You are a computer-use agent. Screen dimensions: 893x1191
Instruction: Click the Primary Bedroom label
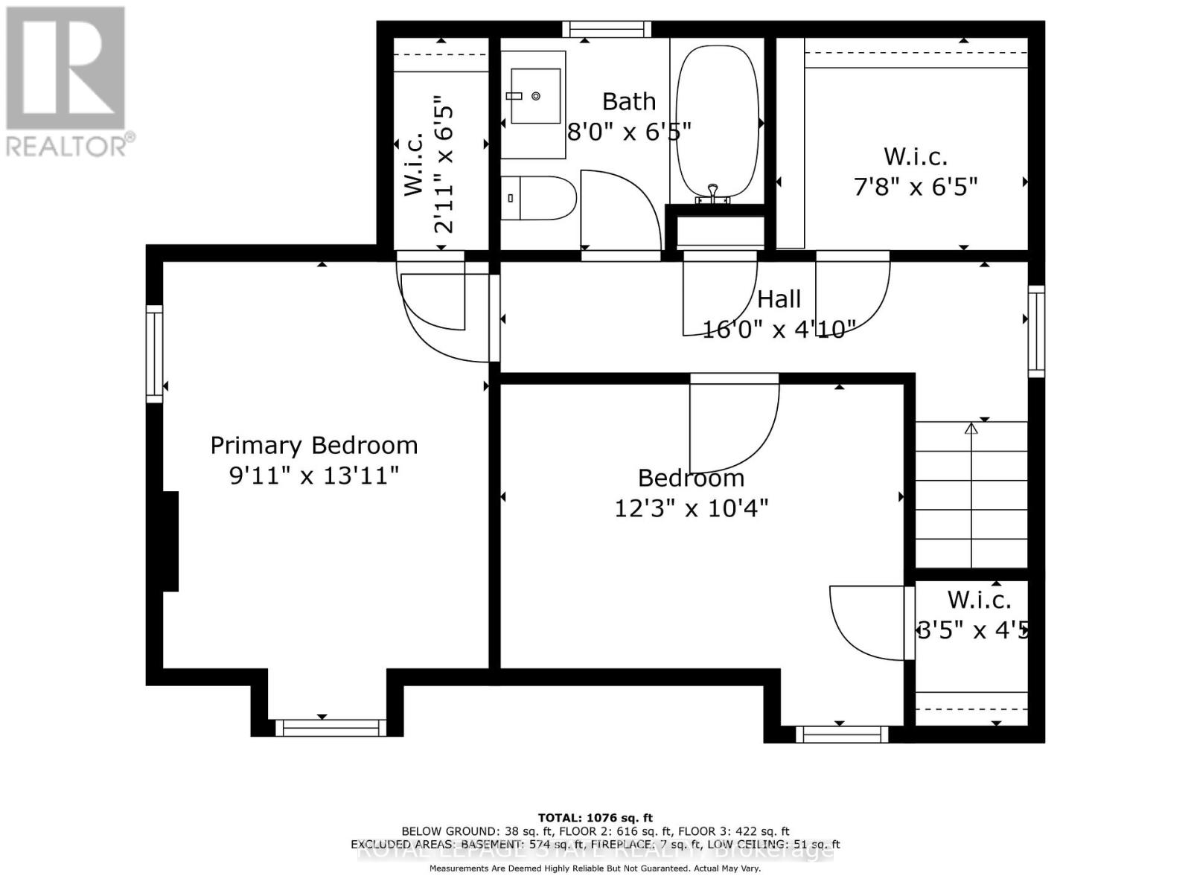(x=313, y=445)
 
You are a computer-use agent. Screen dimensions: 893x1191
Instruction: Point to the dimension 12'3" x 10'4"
(x=691, y=508)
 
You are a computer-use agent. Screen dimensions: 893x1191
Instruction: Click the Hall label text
(x=779, y=299)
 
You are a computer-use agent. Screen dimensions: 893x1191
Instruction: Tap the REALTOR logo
(x=67, y=82)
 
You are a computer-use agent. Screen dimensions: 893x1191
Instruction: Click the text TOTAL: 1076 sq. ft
(x=595, y=818)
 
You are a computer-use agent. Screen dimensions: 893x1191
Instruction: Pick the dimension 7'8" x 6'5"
(x=915, y=186)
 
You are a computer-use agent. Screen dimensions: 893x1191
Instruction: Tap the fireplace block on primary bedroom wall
(x=170, y=541)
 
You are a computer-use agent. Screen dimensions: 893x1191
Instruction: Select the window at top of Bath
(x=606, y=29)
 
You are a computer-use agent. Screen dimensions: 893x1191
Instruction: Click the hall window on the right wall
(x=1036, y=331)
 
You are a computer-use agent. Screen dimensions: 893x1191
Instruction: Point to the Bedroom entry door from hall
(x=733, y=420)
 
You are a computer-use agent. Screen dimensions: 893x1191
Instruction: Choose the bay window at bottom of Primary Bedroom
(x=331, y=728)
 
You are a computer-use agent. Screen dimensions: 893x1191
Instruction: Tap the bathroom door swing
(x=618, y=212)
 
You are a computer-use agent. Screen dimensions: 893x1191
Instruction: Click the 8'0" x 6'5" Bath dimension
(x=629, y=132)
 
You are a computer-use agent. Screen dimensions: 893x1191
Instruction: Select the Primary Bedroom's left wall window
(x=154, y=353)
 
